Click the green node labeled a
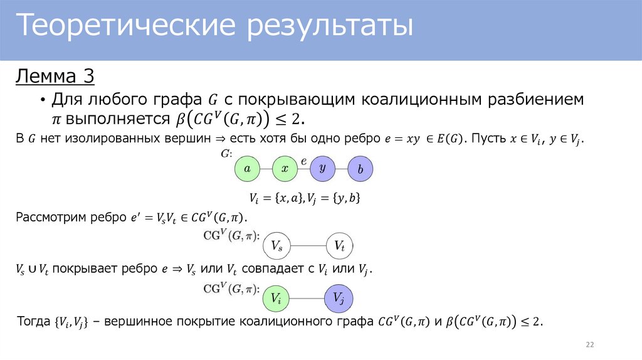pos(247,169)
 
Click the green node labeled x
pos(285,169)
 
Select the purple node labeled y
pos(322,169)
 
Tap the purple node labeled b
pos(360,169)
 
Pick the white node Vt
pos(339,246)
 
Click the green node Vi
pos(276,299)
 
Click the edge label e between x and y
pos(304,161)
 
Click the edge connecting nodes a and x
pos(266,169)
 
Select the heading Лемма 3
pos(55,77)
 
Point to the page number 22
pos(589,345)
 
